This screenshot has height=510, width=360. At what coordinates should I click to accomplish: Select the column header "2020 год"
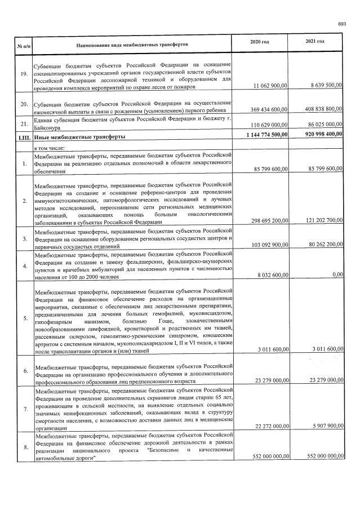259,43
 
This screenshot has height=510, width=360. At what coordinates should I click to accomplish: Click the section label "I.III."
23,136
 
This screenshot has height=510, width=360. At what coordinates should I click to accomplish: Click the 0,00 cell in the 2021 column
337,274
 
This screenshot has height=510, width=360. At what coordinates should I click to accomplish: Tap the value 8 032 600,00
269,274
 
